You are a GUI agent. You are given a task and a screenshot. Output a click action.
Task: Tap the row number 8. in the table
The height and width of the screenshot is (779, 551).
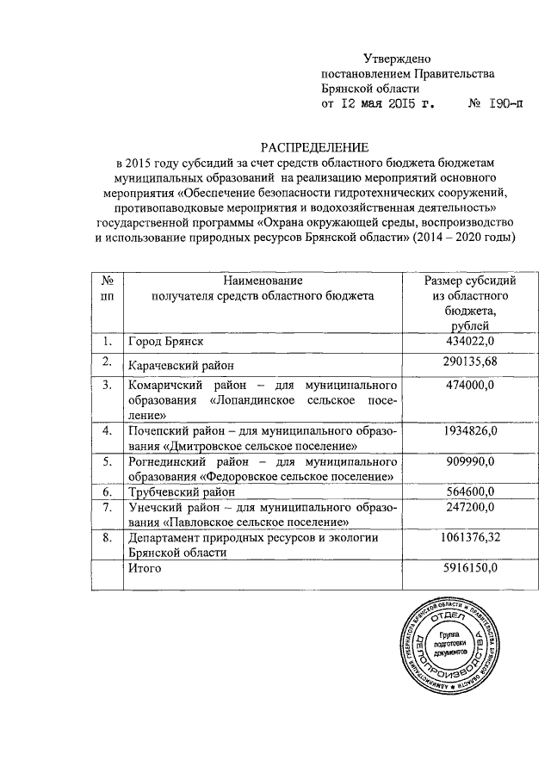(108, 538)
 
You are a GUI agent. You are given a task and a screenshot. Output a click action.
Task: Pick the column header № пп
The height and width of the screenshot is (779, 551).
(108, 288)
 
